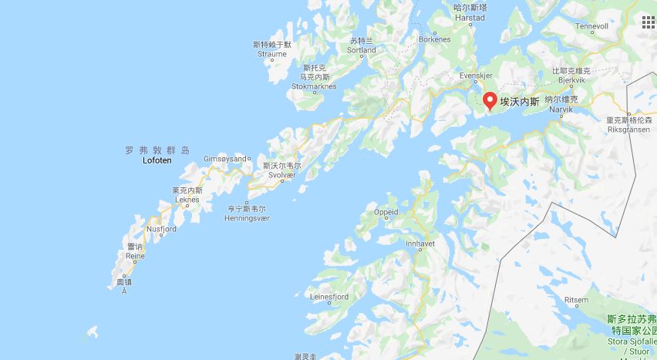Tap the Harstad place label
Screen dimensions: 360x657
pos(469,18)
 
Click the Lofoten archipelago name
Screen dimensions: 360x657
pos(157,160)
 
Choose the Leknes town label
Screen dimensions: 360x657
pos(187,200)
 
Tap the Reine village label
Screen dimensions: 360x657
pos(136,256)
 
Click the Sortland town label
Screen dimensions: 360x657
pos(361,50)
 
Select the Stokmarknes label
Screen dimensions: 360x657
pos(314,86)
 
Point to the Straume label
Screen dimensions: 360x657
pos(272,54)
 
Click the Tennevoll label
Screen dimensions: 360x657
pos(591,26)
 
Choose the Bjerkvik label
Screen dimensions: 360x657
pos(571,80)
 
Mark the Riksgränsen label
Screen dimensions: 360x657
pos(629,130)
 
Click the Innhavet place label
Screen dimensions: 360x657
pos(421,244)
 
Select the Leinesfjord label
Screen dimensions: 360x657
pos(329,297)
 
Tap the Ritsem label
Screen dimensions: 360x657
pos(576,300)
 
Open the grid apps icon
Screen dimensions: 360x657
pos(648,22)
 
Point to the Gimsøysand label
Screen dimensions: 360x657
pos(224,158)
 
